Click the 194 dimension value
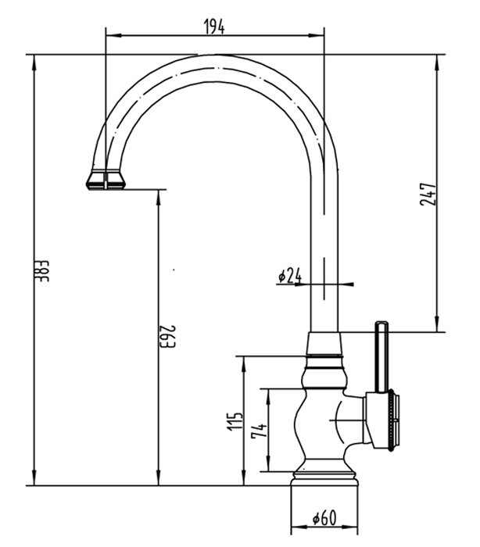(x=214, y=26)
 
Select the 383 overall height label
(x=44, y=271)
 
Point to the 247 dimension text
(x=428, y=195)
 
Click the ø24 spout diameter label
(x=289, y=276)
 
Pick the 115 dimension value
(x=235, y=421)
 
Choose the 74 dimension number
(x=259, y=430)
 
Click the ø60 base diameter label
(x=324, y=517)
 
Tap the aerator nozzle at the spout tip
(x=106, y=180)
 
